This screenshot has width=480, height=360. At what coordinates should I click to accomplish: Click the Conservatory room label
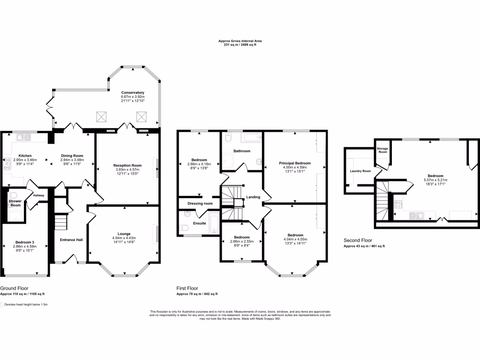tap(133, 92)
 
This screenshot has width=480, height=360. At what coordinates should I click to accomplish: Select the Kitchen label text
tap(25, 156)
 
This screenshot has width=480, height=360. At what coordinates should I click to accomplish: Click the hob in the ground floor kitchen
tap(7, 164)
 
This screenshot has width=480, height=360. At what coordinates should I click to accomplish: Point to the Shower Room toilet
tap(14, 195)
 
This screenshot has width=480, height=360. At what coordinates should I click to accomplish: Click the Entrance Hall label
tap(71, 240)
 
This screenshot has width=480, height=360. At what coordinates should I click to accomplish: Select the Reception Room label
tap(127, 165)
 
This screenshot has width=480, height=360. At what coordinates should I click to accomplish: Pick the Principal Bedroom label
tap(295, 163)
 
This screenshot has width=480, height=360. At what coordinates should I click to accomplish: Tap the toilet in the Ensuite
tap(185, 227)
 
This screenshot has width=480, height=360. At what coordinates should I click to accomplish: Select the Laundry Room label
tap(360, 171)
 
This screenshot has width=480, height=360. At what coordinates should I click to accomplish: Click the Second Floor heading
tap(358, 240)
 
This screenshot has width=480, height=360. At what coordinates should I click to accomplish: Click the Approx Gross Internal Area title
tap(240, 41)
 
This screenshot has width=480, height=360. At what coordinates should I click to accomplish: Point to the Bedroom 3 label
tap(25, 242)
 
